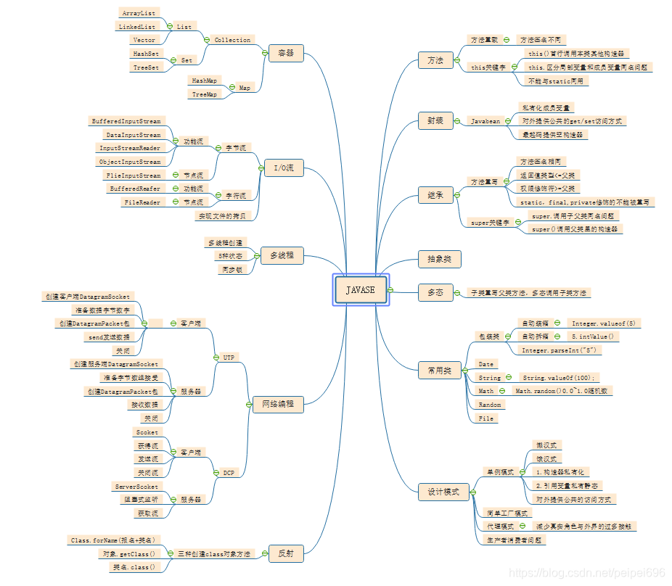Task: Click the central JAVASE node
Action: click(361, 290)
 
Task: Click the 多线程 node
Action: click(282, 255)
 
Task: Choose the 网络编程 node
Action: click(277, 404)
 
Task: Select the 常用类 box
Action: click(439, 371)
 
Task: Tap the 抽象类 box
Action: click(439, 258)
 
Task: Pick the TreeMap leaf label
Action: click(204, 94)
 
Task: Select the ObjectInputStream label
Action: click(130, 162)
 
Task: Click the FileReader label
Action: click(142, 202)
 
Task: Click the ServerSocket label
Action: click(136, 486)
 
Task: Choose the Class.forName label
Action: click(112, 540)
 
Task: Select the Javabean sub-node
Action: click(485, 121)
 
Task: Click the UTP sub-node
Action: click(229, 357)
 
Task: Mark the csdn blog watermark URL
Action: click(587, 573)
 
